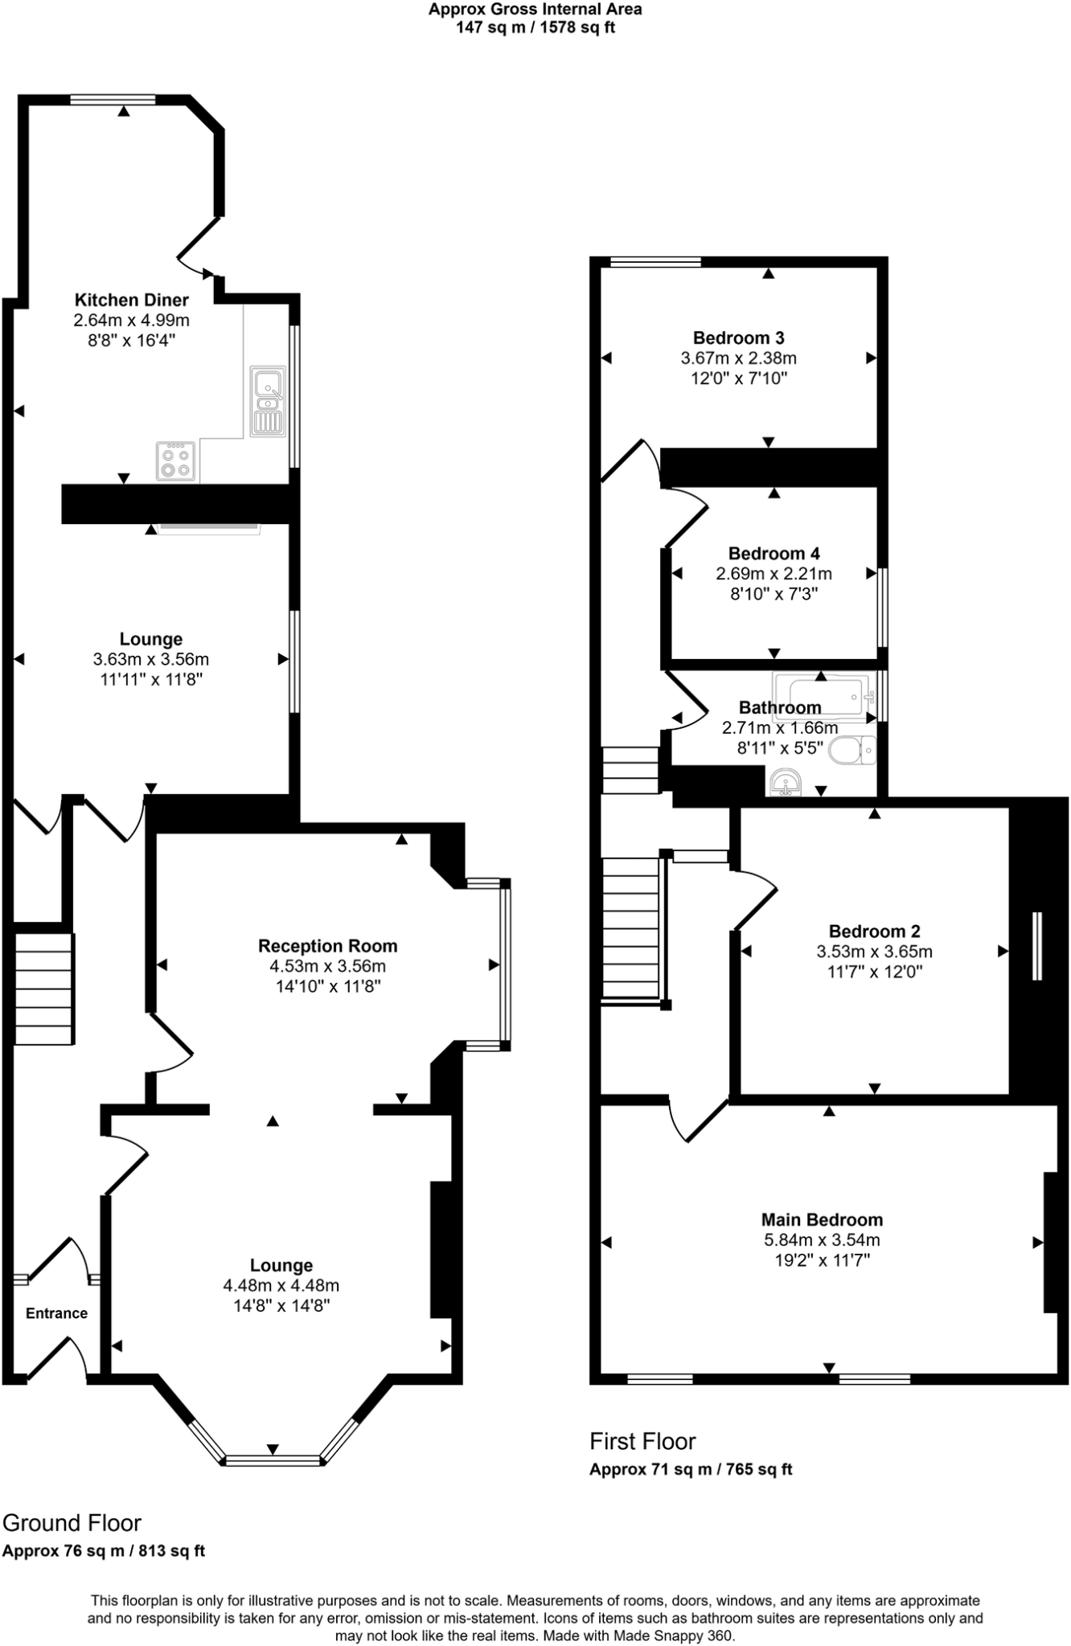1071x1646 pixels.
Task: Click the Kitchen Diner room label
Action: [131, 300]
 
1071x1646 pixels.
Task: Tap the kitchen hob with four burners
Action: [175, 461]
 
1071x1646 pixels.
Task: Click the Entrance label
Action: [56, 1313]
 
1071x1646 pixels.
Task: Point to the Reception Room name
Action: [327, 946]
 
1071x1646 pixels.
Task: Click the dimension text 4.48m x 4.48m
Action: [281, 1285]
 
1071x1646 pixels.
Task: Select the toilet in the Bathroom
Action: [852, 751]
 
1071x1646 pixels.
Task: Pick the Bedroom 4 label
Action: [773, 553]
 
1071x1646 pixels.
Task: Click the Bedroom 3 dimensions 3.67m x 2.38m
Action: [738, 358]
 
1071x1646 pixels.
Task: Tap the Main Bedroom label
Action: [822, 1219]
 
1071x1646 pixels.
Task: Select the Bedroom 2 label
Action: [874, 931]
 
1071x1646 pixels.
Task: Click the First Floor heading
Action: [642, 1441]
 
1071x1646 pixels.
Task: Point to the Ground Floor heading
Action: [72, 1523]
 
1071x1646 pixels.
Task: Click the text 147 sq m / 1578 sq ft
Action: [535, 28]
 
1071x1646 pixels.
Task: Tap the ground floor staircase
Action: [44, 989]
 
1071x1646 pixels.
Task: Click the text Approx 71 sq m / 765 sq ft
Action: [691, 1469]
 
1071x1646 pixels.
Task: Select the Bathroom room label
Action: [780, 707]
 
